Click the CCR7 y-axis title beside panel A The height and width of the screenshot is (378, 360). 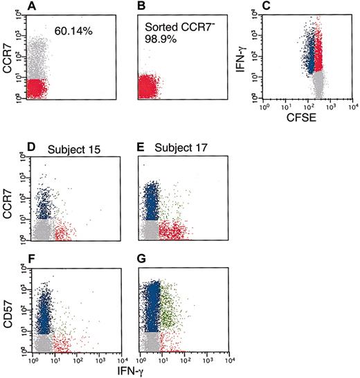coord(9,53)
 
